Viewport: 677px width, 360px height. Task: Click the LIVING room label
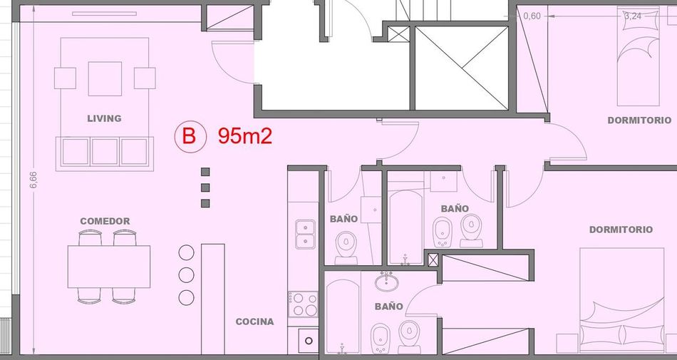[104, 118]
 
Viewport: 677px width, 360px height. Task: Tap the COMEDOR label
[105, 221]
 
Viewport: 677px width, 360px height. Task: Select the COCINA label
[254, 322]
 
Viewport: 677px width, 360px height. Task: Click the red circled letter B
[189, 136]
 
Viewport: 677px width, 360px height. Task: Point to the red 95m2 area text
[245, 136]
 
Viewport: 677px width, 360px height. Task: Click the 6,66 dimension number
[33, 180]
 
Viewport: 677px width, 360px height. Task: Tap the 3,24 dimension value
[633, 16]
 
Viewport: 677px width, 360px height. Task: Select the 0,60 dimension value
[532, 16]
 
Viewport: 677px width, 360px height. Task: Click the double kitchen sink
[305, 234]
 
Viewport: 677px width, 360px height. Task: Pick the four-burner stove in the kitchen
[303, 304]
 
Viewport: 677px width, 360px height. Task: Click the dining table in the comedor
[109, 267]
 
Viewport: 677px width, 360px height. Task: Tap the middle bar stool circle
[186, 274]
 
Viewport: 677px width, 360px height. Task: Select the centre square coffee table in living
[105, 78]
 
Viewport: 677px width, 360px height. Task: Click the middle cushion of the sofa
[105, 152]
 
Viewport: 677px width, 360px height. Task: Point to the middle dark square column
[205, 187]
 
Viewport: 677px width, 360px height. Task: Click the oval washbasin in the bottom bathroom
[386, 282]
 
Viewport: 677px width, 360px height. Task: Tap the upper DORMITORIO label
[639, 120]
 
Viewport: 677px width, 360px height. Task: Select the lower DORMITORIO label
[621, 230]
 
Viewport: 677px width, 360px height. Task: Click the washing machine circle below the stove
[309, 341]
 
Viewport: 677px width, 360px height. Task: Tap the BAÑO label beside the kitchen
[343, 219]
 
